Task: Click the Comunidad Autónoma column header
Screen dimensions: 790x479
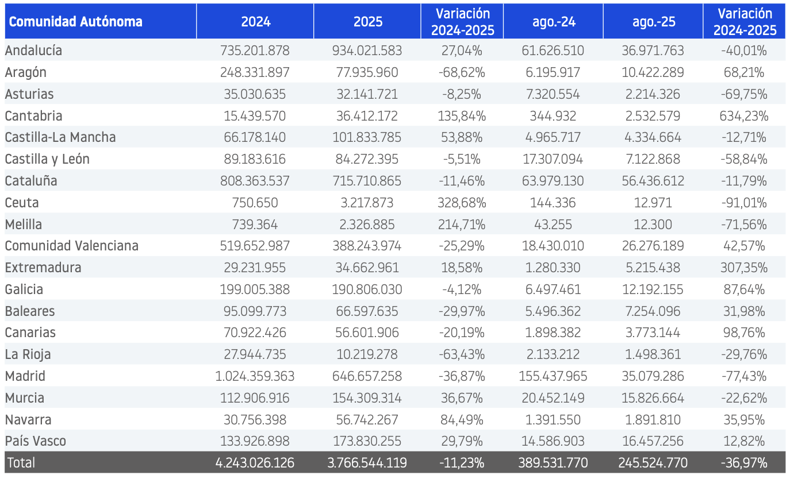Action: (75, 22)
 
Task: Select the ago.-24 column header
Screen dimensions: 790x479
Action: (554, 22)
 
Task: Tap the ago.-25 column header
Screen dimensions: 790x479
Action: (654, 22)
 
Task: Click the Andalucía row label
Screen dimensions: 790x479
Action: (33, 51)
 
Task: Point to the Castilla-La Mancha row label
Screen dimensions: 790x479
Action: (60, 137)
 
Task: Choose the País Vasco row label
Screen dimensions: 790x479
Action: (35, 441)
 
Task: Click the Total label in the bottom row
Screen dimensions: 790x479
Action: (21, 463)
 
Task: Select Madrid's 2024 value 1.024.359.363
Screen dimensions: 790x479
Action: (255, 376)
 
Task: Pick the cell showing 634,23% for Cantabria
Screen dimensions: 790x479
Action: (744, 116)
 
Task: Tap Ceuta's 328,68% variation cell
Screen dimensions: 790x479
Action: (462, 203)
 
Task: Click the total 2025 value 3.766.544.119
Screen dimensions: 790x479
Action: (367, 463)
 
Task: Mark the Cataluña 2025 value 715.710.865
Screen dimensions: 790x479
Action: (367, 181)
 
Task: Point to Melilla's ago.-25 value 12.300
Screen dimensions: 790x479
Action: (653, 225)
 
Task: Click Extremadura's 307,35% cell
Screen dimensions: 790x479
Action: (744, 268)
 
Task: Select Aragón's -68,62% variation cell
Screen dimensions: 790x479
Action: (462, 72)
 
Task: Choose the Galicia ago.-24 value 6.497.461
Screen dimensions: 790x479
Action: (553, 289)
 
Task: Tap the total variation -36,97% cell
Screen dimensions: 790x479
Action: (744, 463)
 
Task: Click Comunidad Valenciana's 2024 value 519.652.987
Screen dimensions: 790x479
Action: (255, 246)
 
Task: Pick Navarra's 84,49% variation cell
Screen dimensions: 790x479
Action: (462, 420)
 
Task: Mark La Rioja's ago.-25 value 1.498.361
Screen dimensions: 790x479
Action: (653, 354)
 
